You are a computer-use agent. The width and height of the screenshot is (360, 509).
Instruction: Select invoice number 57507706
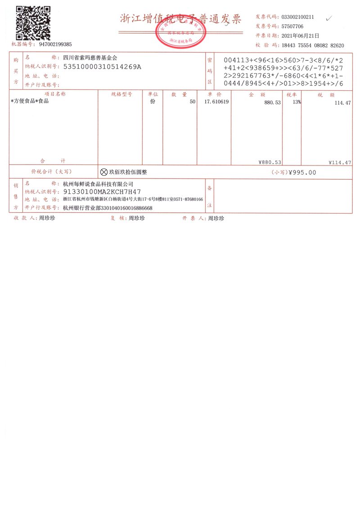click(x=292, y=27)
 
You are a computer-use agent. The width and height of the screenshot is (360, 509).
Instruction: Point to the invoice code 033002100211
click(x=297, y=17)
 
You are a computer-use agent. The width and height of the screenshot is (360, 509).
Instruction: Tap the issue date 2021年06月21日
click(x=300, y=36)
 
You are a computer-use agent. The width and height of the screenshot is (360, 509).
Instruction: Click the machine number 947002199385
click(x=55, y=45)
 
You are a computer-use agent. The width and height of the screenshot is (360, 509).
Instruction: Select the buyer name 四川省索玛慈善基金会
click(x=90, y=58)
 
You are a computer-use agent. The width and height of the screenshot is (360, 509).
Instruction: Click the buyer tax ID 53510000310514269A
click(x=103, y=67)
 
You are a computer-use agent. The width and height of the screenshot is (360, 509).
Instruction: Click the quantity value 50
click(x=193, y=102)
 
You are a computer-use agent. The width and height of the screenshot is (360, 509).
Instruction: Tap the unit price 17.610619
click(x=216, y=102)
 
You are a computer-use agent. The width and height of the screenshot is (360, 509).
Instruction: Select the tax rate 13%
click(x=297, y=102)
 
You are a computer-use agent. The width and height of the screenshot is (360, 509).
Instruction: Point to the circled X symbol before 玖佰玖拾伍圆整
click(x=104, y=172)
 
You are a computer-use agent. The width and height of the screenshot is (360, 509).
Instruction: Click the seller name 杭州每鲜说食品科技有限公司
click(x=99, y=184)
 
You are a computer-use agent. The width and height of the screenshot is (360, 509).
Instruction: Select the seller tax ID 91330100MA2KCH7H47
click(x=102, y=192)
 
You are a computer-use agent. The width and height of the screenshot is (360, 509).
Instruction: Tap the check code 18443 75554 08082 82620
click(x=313, y=45)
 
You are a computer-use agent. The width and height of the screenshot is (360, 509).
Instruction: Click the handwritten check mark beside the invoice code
click(x=329, y=18)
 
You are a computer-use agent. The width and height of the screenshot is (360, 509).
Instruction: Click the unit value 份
click(x=153, y=102)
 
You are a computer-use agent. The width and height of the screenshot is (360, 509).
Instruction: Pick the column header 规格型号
click(x=121, y=94)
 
